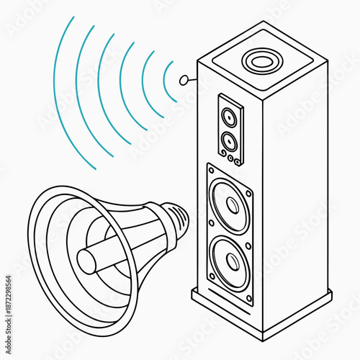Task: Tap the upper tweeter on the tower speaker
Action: click(x=229, y=116)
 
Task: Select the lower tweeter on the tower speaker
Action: click(x=230, y=140)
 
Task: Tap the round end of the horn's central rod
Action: click(x=86, y=261)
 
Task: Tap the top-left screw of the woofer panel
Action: click(x=210, y=170)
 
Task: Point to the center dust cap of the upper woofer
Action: click(x=232, y=204)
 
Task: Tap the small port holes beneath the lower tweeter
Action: click(x=230, y=156)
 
